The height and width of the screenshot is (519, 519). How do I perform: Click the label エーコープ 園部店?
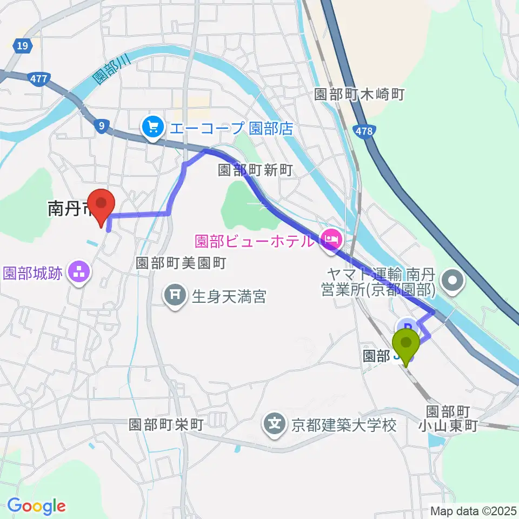[231, 128]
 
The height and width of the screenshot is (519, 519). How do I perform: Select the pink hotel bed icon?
[329, 237]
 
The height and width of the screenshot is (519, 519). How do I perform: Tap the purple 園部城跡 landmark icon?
[79, 272]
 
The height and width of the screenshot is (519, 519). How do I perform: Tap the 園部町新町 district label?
[255, 171]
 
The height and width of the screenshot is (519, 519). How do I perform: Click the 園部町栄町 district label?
[167, 424]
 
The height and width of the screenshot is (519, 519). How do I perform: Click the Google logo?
[36, 506]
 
